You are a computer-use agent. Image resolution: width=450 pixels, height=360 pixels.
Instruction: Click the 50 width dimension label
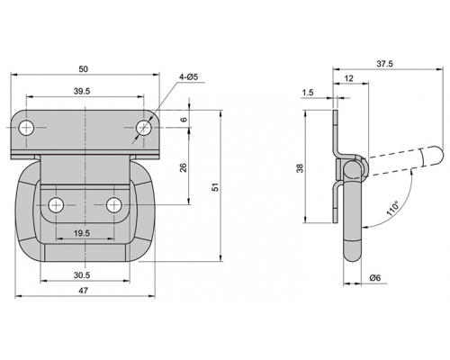tap(83, 69)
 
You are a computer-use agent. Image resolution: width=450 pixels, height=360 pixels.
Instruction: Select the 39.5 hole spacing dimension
tap(82, 91)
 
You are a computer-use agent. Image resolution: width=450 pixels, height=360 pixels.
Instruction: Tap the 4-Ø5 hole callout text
tap(189, 76)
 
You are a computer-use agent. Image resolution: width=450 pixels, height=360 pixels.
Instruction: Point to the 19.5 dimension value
tap(82, 233)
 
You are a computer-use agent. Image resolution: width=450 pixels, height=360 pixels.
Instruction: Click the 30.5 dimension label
tap(82, 274)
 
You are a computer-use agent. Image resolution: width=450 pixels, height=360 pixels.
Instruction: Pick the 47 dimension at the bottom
tap(83, 291)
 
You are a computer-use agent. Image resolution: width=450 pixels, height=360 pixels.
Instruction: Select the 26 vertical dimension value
tap(184, 167)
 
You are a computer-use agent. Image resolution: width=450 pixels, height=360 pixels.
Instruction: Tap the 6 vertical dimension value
tap(184, 119)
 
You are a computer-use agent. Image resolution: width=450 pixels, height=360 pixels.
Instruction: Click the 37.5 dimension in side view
tap(384, 64)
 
